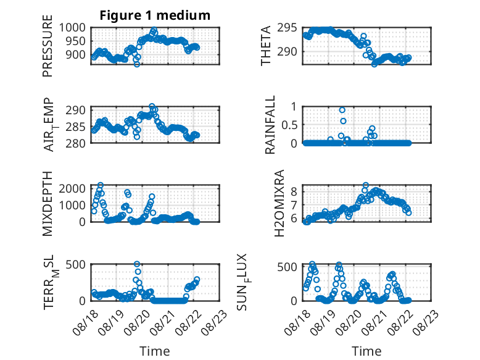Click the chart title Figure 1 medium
coord(155,15)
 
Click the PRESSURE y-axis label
coord(48,46)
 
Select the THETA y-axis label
coord(266,46)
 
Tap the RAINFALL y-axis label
coord(270,125)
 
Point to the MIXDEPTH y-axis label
coord(48,204)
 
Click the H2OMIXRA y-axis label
coord(279,203)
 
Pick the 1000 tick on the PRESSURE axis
coord(72,28)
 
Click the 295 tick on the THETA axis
coord(287,28)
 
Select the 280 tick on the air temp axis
coord(75,143)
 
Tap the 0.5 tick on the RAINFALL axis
coord(289,125)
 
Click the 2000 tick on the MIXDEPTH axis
coord(72,188)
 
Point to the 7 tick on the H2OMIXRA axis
coord(294,205)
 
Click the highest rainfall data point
coord(342,110)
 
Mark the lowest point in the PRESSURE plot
coord(137,64)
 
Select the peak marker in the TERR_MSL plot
coord(137,264)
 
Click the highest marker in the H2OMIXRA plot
coord(365,185)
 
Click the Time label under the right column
coord(366,351)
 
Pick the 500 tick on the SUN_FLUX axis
coord(287,267)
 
